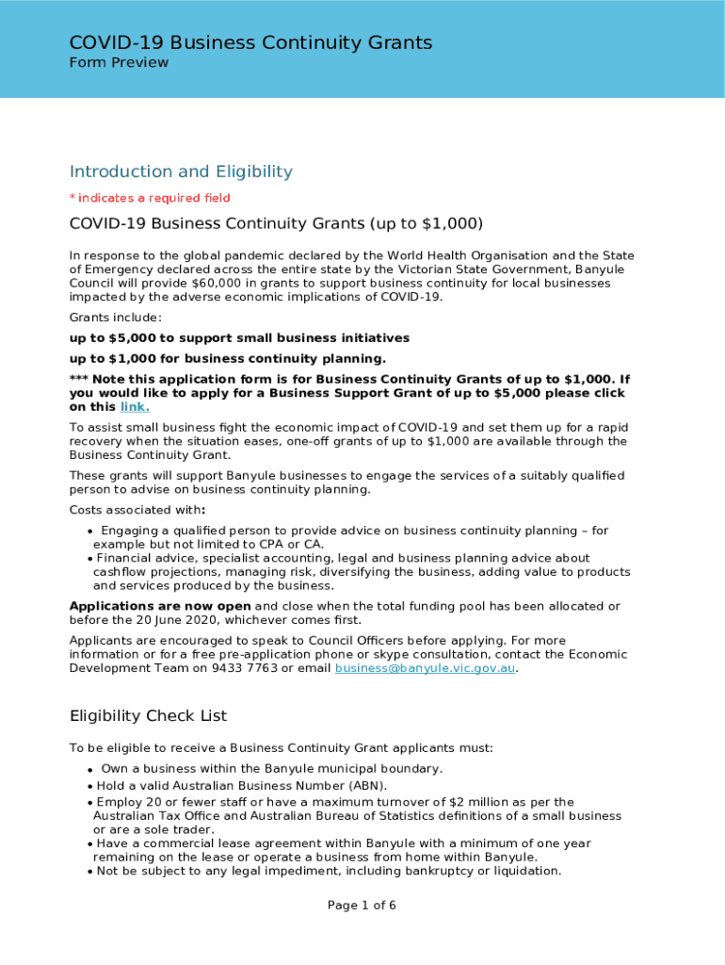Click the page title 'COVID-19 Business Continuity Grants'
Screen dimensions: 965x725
pos(250,42)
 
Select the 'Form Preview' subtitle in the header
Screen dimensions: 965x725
pos(119,63)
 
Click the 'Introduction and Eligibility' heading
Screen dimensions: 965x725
pos(181,172)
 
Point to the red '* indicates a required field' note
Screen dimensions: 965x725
pos(150,198)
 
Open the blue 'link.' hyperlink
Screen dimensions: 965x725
pos(135,407)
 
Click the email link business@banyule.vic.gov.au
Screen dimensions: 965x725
pos(426,668)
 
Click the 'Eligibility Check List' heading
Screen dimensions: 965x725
pos(148,716)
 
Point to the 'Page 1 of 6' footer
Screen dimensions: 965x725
pos(362,906)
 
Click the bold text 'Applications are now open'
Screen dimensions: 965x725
pos(160,606)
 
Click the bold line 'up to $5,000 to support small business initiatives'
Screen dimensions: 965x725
pos(239,337)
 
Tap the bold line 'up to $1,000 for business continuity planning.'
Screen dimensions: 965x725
pos(228,358)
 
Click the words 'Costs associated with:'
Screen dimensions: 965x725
pos(137,510)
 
